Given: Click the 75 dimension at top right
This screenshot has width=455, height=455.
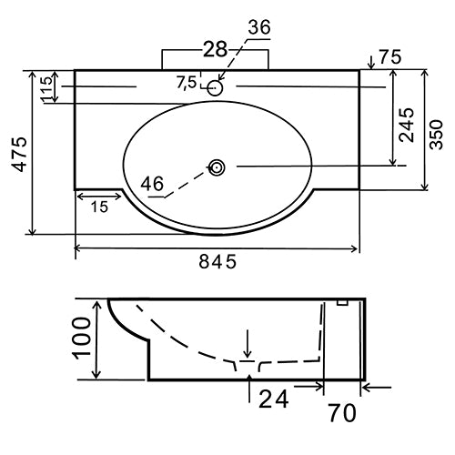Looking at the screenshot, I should tap(390, 56).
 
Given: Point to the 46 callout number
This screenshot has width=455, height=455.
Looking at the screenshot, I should tap(153, 184).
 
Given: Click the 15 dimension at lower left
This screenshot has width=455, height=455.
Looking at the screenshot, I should tap(99, 207).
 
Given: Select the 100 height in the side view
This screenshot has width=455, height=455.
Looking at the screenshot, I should tap(81, 341).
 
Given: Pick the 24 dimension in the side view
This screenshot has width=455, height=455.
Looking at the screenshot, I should tap(274, 397).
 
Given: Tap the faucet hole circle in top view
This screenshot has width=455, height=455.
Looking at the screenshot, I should tap(216, 88).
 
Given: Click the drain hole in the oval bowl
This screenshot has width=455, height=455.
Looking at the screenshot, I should tap(217, 167).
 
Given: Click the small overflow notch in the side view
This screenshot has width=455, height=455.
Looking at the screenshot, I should tap(343, 303).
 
